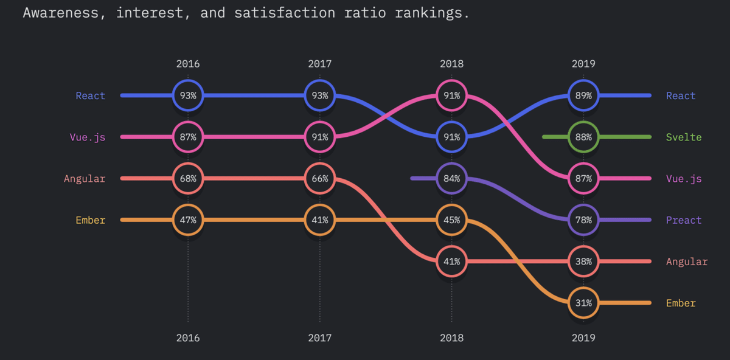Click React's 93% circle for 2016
coord(188,95)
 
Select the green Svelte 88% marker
coord(583,137)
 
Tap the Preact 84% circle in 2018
coord(451,178)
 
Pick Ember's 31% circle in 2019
coord(583,303)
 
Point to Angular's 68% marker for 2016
coord(188,178)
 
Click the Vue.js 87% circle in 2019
coord(583,178)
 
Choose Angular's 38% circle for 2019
coord(583,261)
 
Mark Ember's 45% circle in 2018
coord(451,220)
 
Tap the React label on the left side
coord(90,95)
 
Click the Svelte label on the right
coord(684,137)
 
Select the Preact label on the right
coord(684,220)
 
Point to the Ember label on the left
coord(90,220)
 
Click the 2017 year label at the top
coord(320,63)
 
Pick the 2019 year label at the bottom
coord(583,338)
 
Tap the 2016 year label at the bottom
coord(188,338)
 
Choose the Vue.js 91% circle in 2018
coord(451,95)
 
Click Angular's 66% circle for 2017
coord(320,178)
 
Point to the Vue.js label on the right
coord(684,178)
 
